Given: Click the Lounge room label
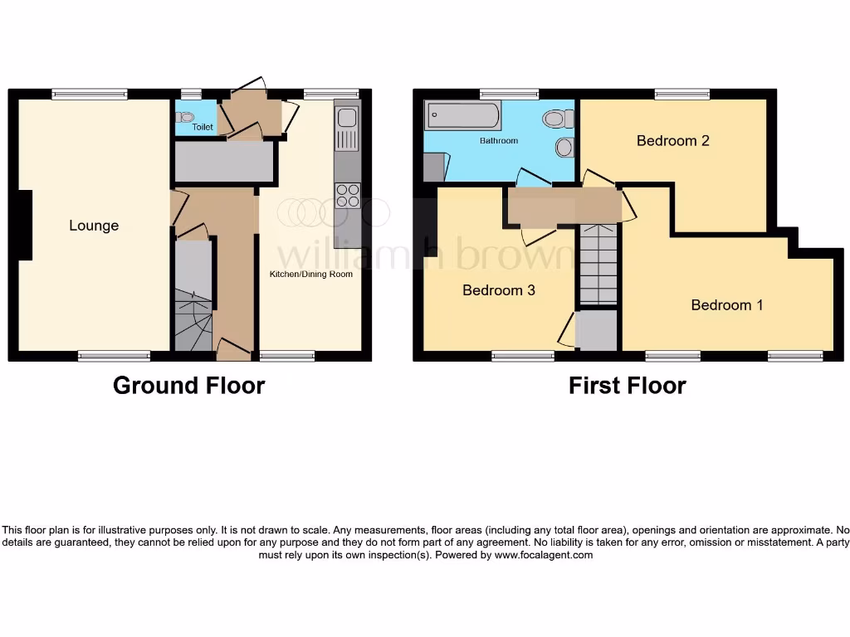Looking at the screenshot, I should [94, 226].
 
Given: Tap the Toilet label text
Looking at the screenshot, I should [203, 127].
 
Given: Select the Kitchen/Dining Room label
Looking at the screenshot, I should [311, 274].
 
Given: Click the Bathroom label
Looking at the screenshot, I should [499, 141].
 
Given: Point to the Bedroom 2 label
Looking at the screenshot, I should [672, 141].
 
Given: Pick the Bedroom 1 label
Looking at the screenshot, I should [727, 305].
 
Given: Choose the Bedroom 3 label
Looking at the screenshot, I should [498, 290].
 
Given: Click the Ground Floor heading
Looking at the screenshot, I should [188, 386].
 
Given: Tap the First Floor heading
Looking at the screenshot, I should [627, 386].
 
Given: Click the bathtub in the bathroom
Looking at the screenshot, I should [463, 115].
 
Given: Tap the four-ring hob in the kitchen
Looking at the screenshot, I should [347, 195].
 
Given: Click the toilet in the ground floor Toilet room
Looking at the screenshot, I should [184, 117].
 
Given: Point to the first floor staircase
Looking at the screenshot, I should [598, 265].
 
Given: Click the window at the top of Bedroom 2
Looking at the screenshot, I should [681, 95].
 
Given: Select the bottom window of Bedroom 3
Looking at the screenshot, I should [523, 357].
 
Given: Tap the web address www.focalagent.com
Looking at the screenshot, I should [543, 556].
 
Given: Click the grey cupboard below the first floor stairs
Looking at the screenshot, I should [597, 329].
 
